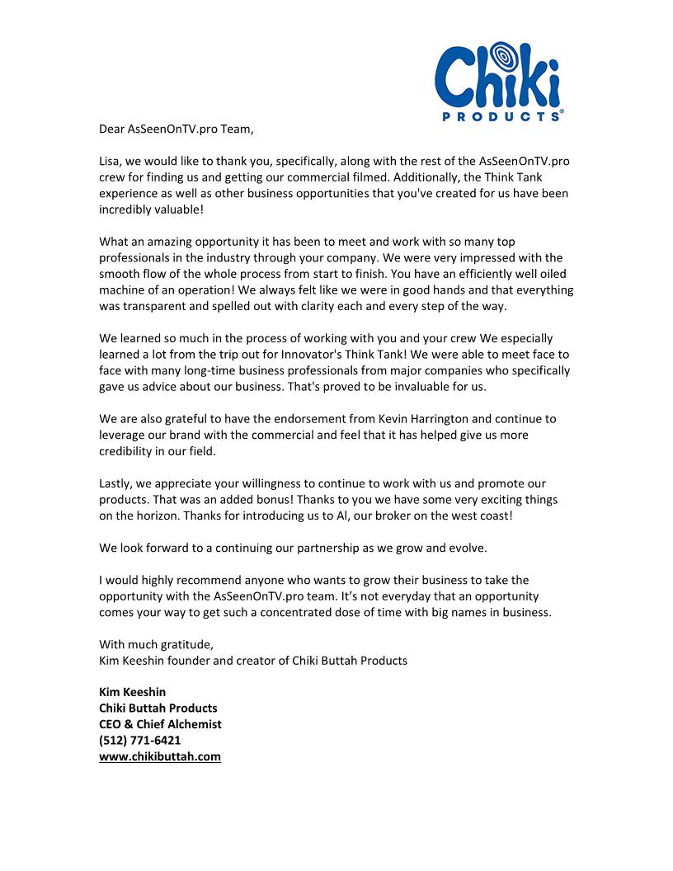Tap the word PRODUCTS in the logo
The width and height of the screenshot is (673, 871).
tap(502, 116)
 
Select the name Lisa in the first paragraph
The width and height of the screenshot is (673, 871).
tap(112, 161)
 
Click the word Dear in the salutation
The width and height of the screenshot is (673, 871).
tap(112, 129)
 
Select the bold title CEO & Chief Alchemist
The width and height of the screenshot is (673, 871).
tap(160, 724)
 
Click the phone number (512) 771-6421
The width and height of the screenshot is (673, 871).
tap(140, 740)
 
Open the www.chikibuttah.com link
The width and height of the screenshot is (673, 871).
tap(160, 756)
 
